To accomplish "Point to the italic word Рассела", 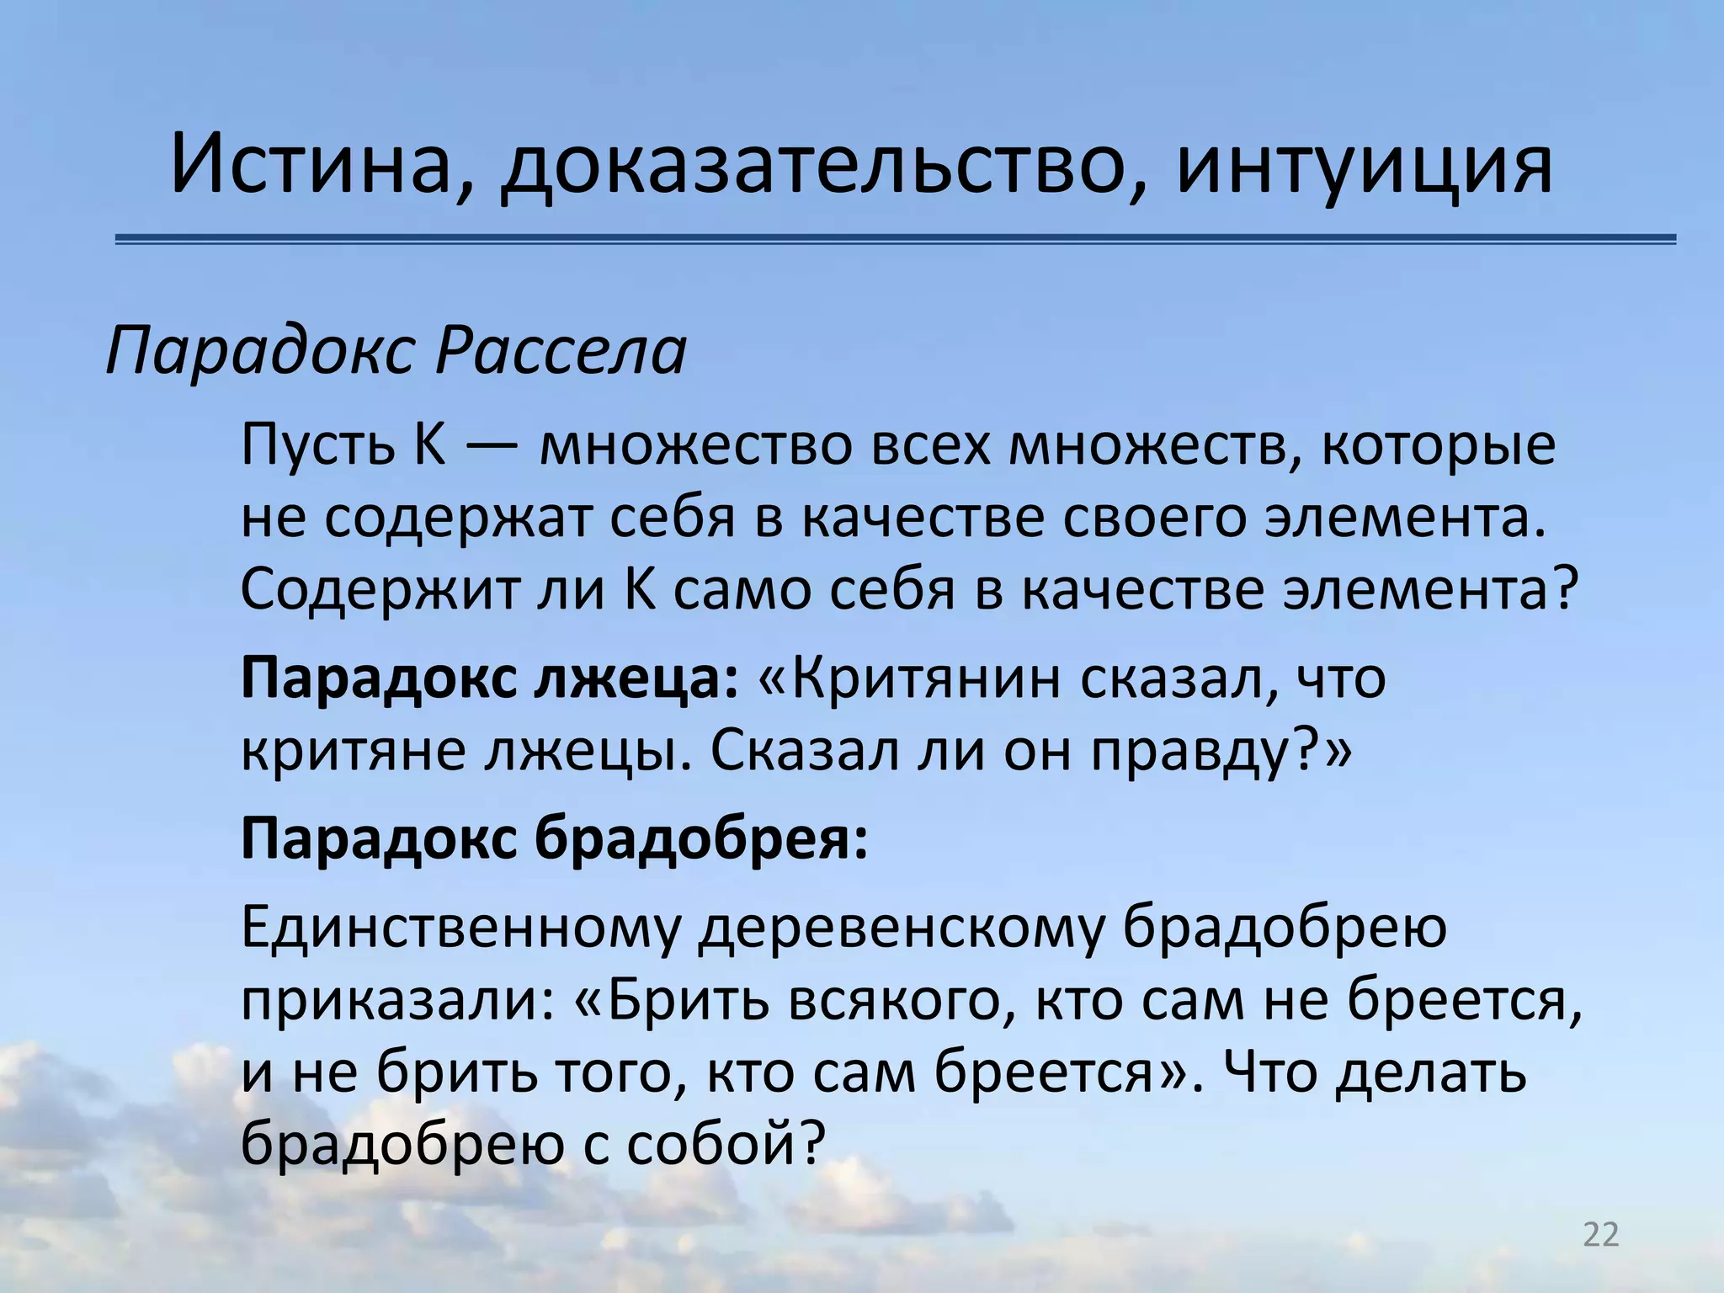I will click(x=561, y=350).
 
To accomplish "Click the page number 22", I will click(x=1601, y=1235).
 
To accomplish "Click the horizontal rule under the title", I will click(x=896, y=240).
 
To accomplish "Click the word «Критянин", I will click(x=909, y=678).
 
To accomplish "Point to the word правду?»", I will click(x=1221, y=751).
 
